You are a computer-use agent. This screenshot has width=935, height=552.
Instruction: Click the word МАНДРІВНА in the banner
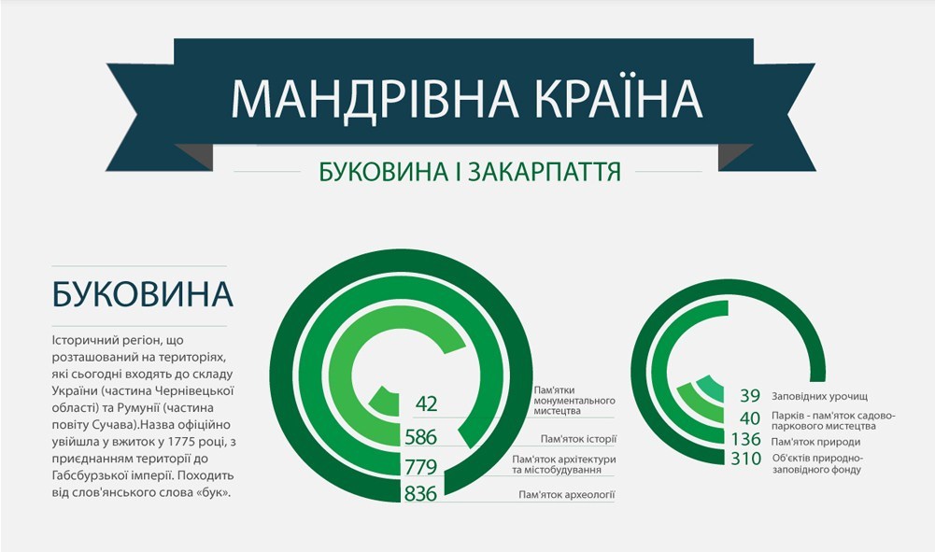pyautogui.click(x=375, y=98)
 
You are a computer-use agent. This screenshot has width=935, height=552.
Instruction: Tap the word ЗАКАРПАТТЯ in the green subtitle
pyautogui.click(x=544, y=171)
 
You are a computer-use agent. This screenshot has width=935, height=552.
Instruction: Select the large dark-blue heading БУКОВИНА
pyautogui.click(x=143, y=294)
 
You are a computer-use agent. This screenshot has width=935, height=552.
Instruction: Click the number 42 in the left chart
pyautogui.click(x=426, y=404)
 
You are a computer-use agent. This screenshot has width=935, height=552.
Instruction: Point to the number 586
pyautogui.click(x=421, y=437)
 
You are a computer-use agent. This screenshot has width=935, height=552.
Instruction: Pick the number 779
pyautogui.click(x=421, y=466)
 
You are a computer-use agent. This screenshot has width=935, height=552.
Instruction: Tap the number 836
pyautogui.click(x=421, y=493)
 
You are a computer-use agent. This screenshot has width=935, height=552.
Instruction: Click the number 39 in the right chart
pyautogui.click(x=750, y=396)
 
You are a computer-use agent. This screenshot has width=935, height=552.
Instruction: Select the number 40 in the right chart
pyautogui.click(x=750, y=418)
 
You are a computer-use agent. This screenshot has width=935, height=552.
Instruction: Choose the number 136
pyautogui.click(x=746, y=439)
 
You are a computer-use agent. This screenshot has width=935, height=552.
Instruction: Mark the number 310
pyautogui.click(x=746, y=459)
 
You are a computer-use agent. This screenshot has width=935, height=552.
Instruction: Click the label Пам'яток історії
pyautogui.click(x=578, y=439)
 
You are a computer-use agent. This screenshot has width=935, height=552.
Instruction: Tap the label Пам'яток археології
pyautogui.click(x=566, y=495)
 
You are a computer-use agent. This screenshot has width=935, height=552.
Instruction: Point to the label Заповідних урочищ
pyautogui.click(x=819, y=396)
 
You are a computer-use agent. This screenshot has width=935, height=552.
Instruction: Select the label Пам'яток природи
pyautogui.click(x=815, y=442)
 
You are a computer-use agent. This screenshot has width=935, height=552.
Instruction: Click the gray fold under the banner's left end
pyautogui.click(x=193, y=157)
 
